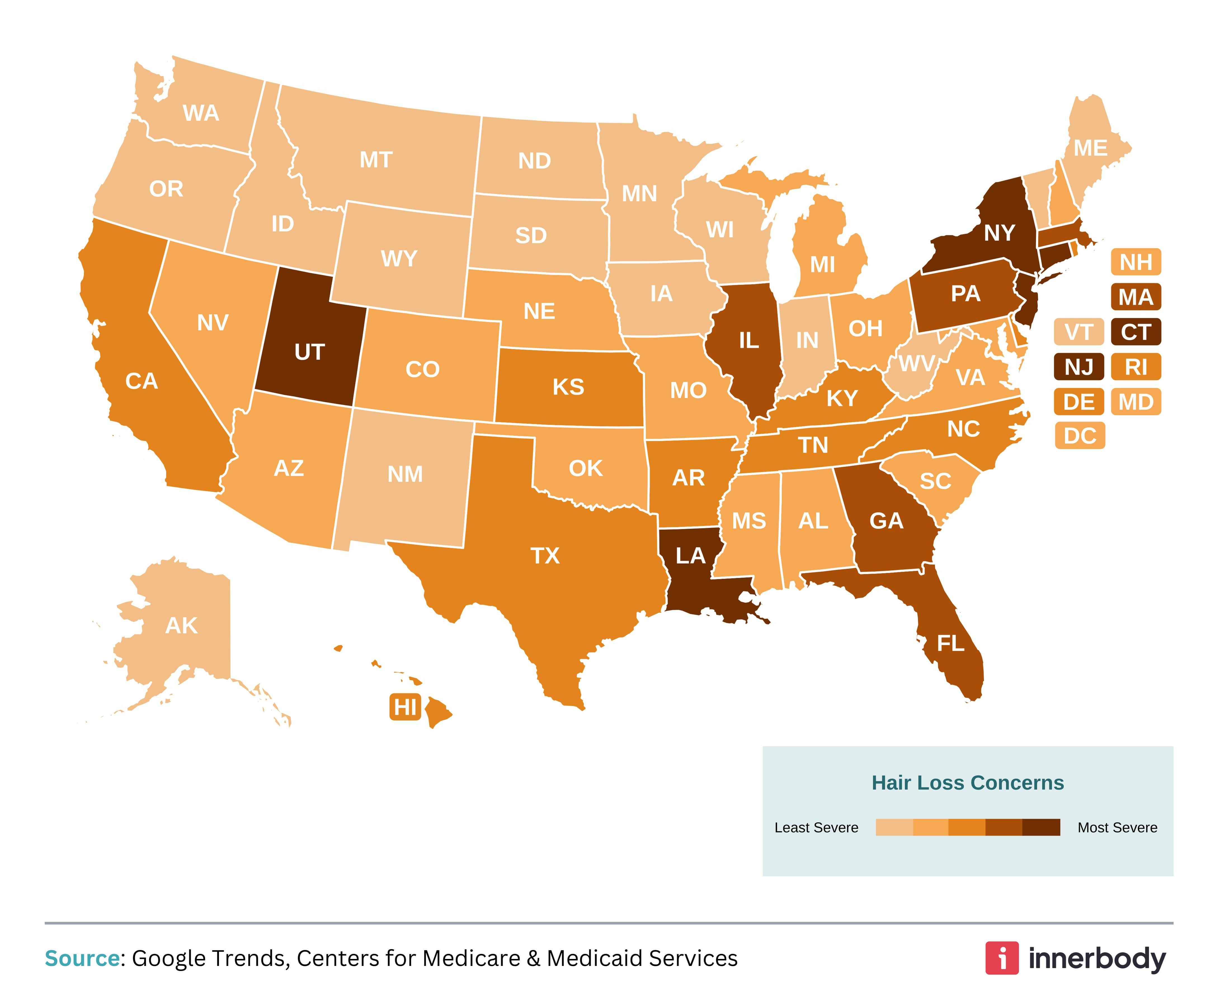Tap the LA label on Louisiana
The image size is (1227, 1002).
click(x=691, y=556)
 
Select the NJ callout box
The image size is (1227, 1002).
click(x=1078, y=367)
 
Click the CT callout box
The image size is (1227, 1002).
click(x=1136, y=332)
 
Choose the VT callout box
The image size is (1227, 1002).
click(x=1078, y=332)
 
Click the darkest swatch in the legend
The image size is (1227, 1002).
click(x=1041, y=827)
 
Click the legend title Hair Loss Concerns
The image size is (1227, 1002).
click(x=968, y=783)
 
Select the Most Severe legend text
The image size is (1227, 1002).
click(x=1117, y=828)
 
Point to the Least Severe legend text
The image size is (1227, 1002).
click(x=816, y=828)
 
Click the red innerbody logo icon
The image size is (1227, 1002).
click(x=1002, y=959)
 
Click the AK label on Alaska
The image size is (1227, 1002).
click(x=181, y=626)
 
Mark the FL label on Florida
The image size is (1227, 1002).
click(x=950, y=644)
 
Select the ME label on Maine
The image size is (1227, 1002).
click(x=1090, y=148)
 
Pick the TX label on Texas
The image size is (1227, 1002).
click(x=545, y=556)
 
